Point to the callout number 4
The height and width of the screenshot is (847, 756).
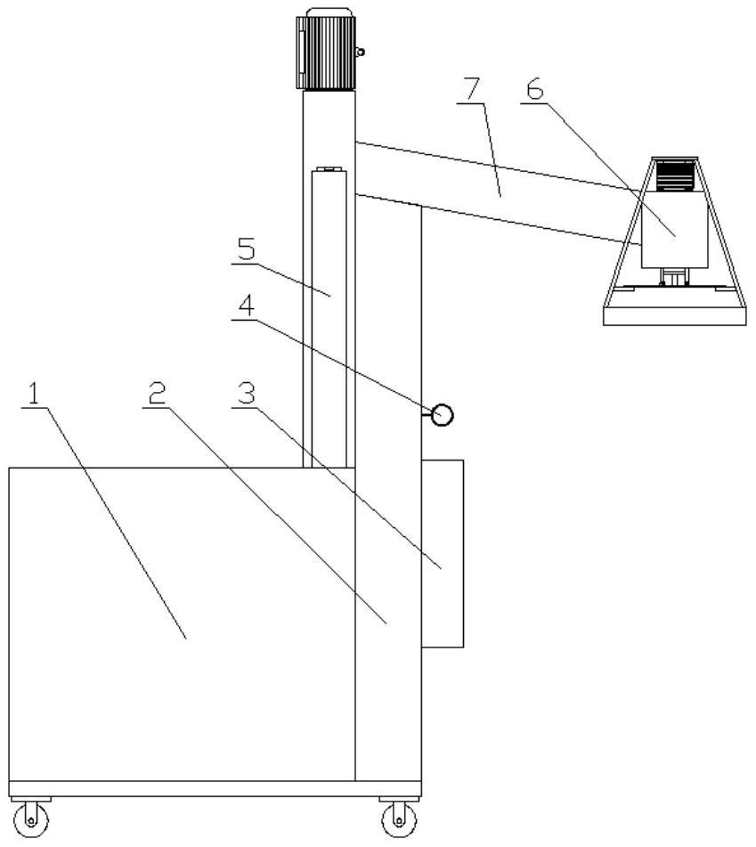[245, 305]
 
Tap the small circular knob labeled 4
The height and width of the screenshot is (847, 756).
[442, 414]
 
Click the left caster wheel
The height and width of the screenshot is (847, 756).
[32, 817]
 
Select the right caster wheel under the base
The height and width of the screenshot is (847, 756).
[398, 817]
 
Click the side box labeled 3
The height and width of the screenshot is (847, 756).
[443, 552]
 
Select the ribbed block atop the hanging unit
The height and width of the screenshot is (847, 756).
[674, 176]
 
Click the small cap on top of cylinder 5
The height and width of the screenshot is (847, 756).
[328, 169]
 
